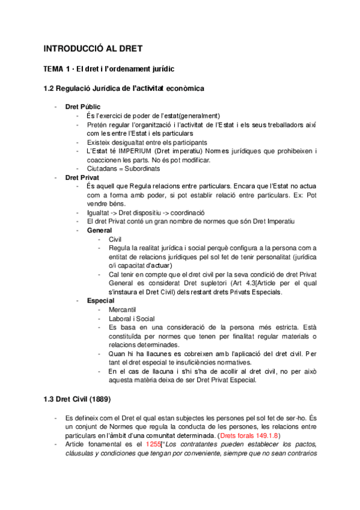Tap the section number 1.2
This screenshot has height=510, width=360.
pos(50,88)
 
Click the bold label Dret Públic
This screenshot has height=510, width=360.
pos(83,106)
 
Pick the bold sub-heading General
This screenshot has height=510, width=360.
pos(100,230)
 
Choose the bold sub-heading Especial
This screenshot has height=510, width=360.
pos(102,300)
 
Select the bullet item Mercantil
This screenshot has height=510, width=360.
pos(124,309)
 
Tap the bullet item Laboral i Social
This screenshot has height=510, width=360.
pos(132,318)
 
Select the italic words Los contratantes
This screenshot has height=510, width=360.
pos(192,444)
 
